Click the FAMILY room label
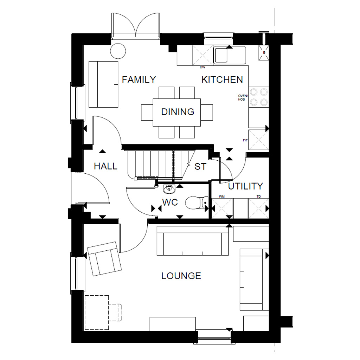coord(139,79)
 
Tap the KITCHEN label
coord(222,79)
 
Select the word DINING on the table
coord(178,112)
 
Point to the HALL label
coord(105,166)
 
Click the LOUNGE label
coord(181,276)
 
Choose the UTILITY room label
coord(245,186)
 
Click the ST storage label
coord(200,166)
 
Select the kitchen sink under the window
coord(230,55)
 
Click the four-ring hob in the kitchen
coord(258,97)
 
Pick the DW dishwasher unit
coord(202,55)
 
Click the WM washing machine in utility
coord(222,208)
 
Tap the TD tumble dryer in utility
coord(258,208)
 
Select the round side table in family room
coord(118,51)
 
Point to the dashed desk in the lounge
coord(97,312)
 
